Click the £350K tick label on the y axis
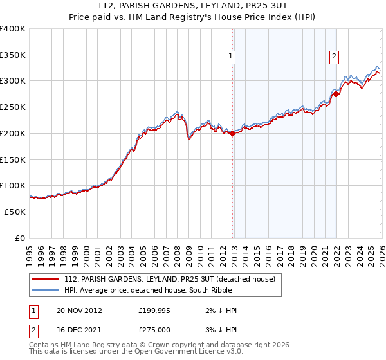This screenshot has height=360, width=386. [13, 55]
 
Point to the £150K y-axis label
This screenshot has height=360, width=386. [13, 159]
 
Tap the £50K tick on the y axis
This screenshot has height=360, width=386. [15, 212]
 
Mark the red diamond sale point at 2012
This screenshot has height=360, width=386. [232, 134]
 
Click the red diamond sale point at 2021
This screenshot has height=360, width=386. [335, 94]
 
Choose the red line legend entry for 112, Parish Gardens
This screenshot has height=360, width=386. [169, 279]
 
